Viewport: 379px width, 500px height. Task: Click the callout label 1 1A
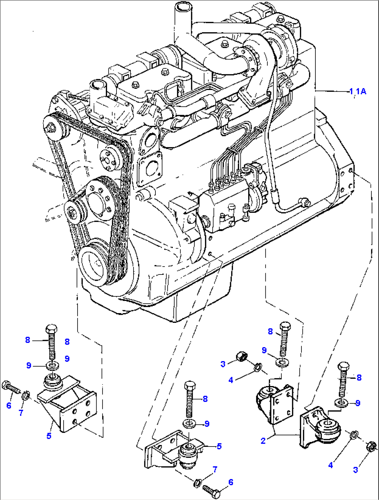coord(358,91)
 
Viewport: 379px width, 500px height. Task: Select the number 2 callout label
coord(263,441)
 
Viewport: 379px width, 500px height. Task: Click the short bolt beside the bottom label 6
coord(211,490)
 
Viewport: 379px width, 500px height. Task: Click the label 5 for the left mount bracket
coord(49,435)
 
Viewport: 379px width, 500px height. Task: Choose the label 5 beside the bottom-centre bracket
coord(219,446)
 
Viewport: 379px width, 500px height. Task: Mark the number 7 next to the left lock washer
coord(21,412)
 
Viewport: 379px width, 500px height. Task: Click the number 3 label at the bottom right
coord(355,470)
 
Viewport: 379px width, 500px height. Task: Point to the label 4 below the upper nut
coord(231,380)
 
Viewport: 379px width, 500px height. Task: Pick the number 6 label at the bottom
coord(231,482)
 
